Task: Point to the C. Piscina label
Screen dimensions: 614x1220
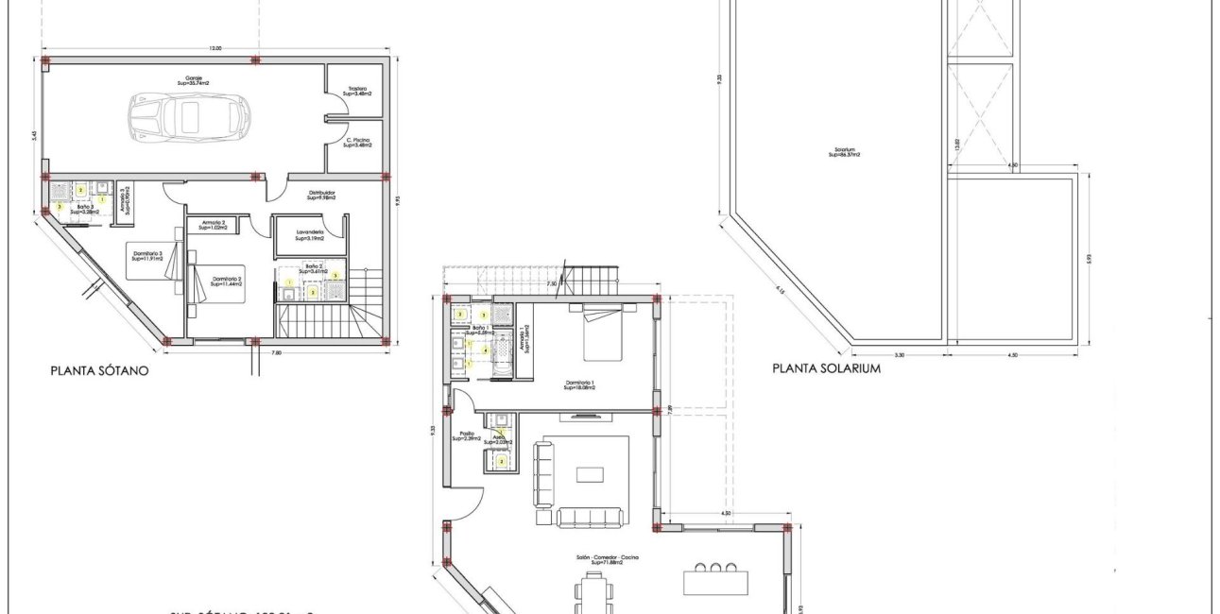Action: click(x=356, y=142)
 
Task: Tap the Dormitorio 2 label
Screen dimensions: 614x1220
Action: click(x=228, y=281)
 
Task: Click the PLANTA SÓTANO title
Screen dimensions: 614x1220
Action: click(x=99, y=372)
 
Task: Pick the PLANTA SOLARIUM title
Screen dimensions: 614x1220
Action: click(x=826, y=369)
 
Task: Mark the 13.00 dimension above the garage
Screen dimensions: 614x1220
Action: click(x=215, y=48)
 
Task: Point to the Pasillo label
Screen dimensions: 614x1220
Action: click(x=469, y=436)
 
